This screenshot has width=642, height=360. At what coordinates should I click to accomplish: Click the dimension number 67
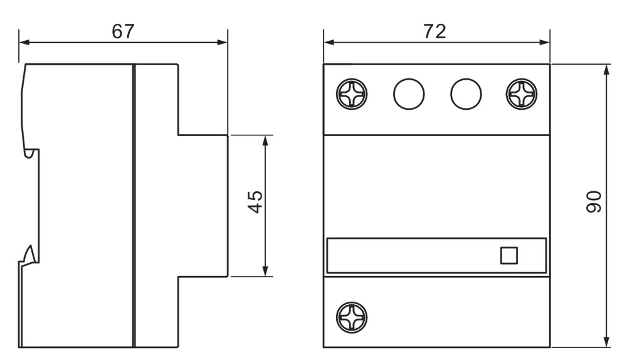coord(123,31)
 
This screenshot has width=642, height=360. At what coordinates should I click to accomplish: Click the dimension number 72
coord(434,31)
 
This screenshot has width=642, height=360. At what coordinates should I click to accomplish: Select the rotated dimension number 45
coord(256,201)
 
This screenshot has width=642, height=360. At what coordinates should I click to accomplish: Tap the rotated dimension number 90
coord(594,201)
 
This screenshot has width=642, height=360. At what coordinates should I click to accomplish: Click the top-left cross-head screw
coord(352,94)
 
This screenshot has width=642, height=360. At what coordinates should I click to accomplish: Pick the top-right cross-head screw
coord(521,94)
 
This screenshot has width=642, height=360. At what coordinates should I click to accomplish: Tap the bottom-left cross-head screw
coord(352,317)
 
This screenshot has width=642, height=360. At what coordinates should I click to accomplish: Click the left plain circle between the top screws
coord(409,94)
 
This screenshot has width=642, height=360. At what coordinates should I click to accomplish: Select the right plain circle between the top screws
coord(466,94)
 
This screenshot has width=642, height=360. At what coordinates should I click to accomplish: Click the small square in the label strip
coord(509,255)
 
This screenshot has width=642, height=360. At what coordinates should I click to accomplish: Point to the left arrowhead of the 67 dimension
coord(24,42)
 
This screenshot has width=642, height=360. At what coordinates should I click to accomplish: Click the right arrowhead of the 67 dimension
coord(223,42)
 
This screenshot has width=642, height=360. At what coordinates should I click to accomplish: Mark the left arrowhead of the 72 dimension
coord(329,42)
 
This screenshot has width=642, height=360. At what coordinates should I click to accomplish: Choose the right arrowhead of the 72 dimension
coord(545,42)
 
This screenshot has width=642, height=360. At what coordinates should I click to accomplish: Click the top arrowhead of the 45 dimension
coord(265,140)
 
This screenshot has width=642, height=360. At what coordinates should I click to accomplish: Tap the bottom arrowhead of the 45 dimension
coord(265,271)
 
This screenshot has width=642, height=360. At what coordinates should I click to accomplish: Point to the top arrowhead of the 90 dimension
coord(607,70)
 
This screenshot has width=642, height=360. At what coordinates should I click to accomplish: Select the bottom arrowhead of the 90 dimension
coord(607,342)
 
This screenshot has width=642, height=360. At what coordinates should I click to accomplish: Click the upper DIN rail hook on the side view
coord(29,153)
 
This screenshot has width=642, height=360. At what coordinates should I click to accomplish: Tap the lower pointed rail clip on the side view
coord(29,255)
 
